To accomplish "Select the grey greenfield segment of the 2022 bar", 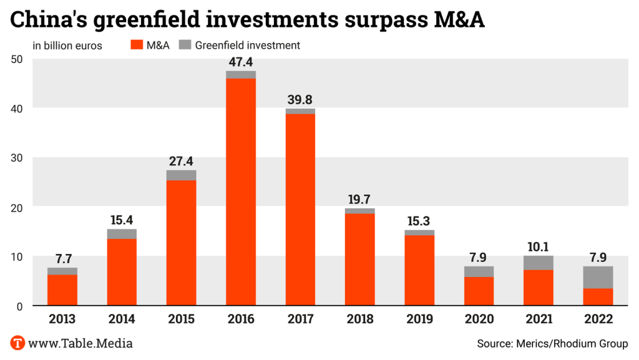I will (598, 277).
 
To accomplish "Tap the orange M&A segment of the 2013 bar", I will (62, 290).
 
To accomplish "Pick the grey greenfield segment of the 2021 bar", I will (539, 263).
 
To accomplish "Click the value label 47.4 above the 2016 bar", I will (241, 62).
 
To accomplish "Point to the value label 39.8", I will (300, 99).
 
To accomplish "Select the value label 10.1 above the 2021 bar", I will (539, 246).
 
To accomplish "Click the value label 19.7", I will (360, 199).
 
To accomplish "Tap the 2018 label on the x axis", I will (360, 319).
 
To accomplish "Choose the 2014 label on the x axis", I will (122, 319).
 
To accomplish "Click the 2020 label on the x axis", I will (479, 319).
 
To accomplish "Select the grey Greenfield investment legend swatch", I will (185, 45).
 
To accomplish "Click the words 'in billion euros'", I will (67, 45).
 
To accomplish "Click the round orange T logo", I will (17, 343).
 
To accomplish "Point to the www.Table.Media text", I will (80, 343).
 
